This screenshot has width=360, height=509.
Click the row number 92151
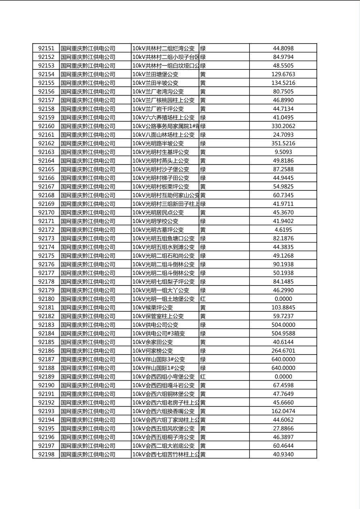point(46,48)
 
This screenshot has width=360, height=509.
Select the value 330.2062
point(283,126)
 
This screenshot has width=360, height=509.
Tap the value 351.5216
point(283,144)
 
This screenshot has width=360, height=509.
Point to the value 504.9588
point(283,334)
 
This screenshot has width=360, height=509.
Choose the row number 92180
point(46,299)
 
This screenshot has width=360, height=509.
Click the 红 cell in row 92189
point(203,377)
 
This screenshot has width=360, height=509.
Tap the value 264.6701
point(283,351)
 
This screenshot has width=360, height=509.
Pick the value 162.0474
point(283,411)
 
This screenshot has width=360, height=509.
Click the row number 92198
point(46,455)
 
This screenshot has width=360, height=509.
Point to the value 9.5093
point(283,152)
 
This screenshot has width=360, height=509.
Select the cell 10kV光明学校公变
point(155,221)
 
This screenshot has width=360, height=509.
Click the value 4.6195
point(283,230)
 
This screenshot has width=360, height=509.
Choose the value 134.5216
point(283,83)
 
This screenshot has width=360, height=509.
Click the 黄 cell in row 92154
point(203,74)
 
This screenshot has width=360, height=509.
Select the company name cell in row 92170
point(88,213)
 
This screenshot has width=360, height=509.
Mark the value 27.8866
point(283,429)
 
